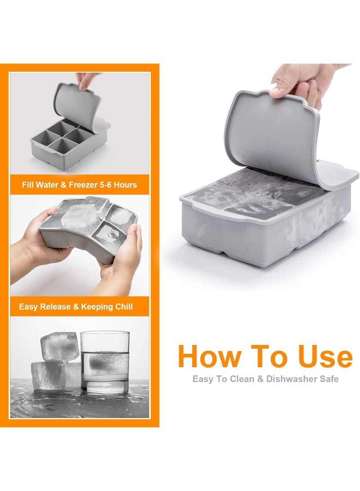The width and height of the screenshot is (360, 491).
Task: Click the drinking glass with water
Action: tap(104, 362)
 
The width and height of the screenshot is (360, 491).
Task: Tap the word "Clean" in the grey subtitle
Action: tap(236, 378)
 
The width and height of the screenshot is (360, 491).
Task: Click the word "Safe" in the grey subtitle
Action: tap(329, 378)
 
